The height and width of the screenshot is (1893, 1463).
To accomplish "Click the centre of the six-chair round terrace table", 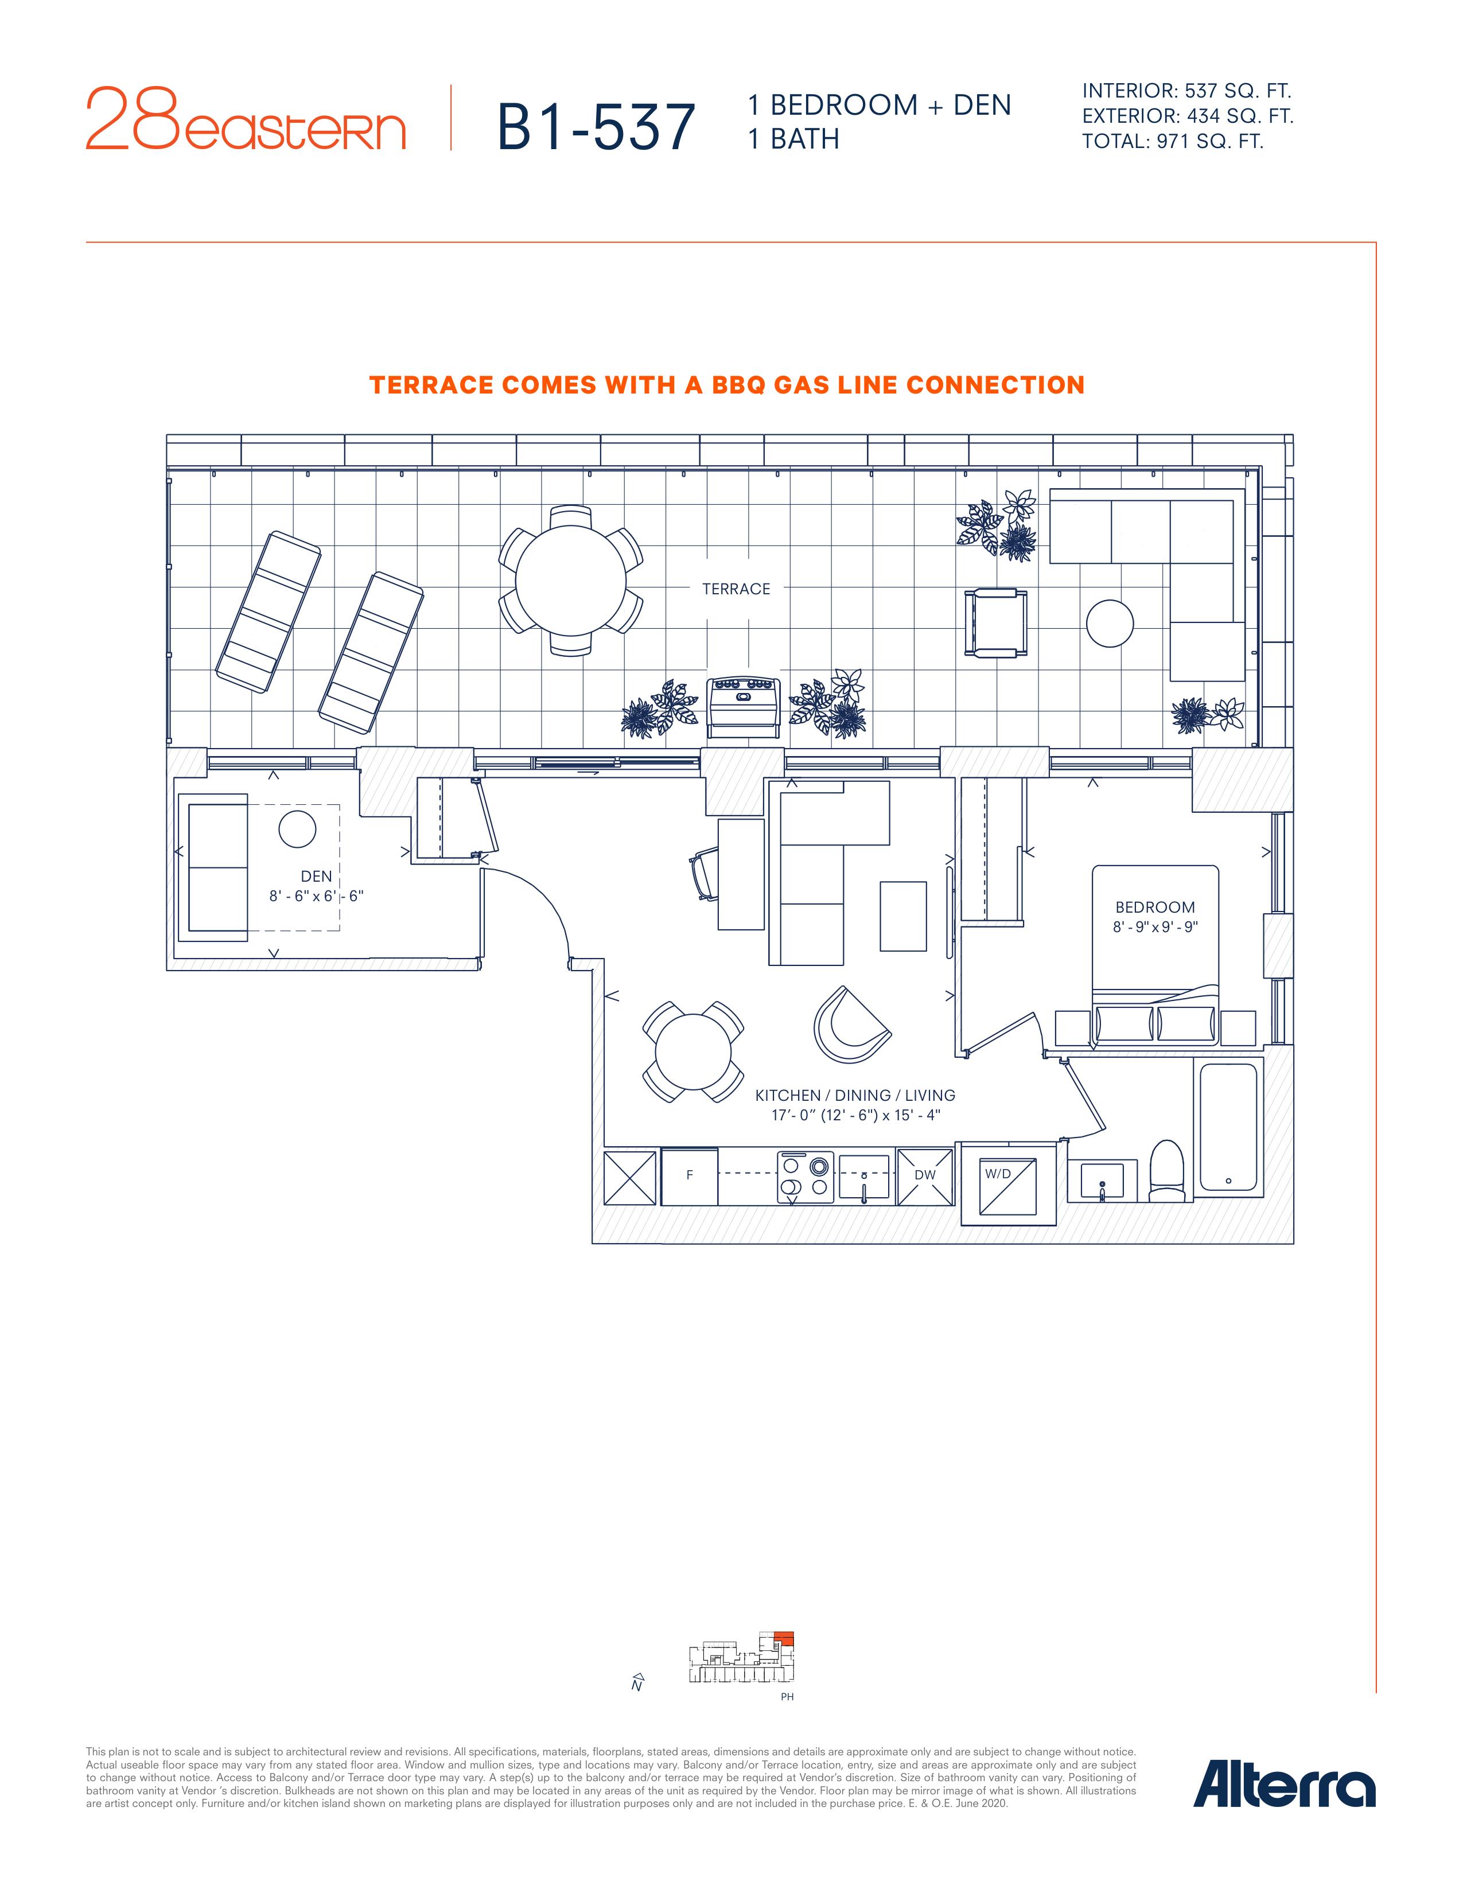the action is point(571,581).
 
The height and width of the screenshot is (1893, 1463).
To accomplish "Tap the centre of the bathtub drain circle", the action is point(1228,1181).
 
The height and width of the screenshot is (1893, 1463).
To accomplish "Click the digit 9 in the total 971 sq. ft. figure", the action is point(1166,141).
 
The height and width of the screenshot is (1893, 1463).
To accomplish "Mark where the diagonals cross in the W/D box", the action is point(1009,1189).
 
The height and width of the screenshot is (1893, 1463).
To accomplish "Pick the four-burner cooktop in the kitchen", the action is point(805,1177).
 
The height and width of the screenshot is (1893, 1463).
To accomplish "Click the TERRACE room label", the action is point(736,589).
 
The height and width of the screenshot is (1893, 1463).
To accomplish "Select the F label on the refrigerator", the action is point(690,1176).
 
